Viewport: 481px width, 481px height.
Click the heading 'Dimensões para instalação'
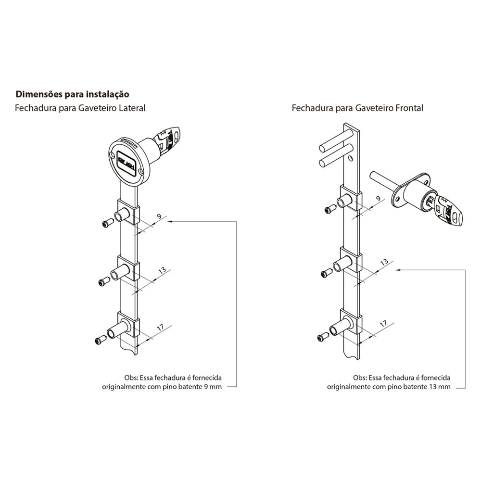72,93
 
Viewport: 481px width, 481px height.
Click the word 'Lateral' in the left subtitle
131,108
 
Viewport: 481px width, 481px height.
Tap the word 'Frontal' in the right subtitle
409,108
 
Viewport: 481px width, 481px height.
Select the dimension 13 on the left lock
162,270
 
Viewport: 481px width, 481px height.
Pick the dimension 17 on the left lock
161,327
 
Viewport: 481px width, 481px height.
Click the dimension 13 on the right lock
384,262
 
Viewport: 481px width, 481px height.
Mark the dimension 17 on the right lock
383,324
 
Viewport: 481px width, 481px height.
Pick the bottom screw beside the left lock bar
100,340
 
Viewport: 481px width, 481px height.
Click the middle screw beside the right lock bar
326,273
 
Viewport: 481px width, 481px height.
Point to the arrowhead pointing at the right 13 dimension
397,270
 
